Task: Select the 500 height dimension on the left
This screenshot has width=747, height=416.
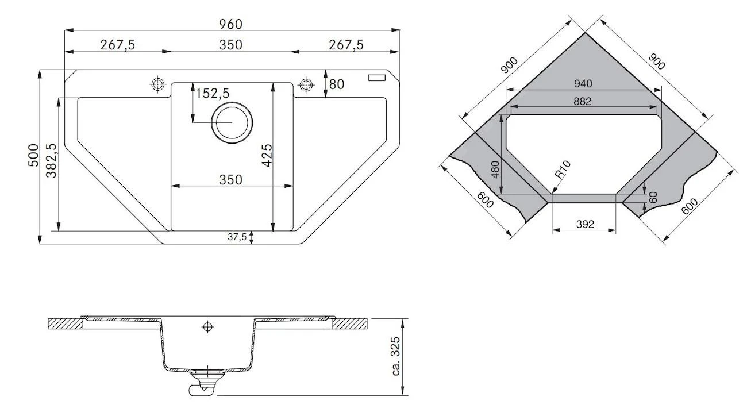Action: (33, 156)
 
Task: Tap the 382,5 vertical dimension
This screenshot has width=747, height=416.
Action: (51, 161)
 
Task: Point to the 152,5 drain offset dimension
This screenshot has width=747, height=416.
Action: (213, 93)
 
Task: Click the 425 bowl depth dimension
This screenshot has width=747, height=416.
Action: (267, 155)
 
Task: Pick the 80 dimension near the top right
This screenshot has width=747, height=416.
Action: (336, 84)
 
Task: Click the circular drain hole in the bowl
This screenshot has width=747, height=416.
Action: (232, 122)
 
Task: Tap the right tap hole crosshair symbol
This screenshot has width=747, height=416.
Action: (305, 84)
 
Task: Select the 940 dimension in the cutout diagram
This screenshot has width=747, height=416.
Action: (582, 84)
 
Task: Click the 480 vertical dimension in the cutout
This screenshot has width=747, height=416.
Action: (495, 170)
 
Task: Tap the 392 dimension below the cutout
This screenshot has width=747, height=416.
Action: (584, 224)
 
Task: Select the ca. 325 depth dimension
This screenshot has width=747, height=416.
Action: (396, 356)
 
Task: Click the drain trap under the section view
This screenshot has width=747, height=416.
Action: (202, 382)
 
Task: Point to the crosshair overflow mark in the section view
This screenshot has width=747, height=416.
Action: (207, 327)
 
